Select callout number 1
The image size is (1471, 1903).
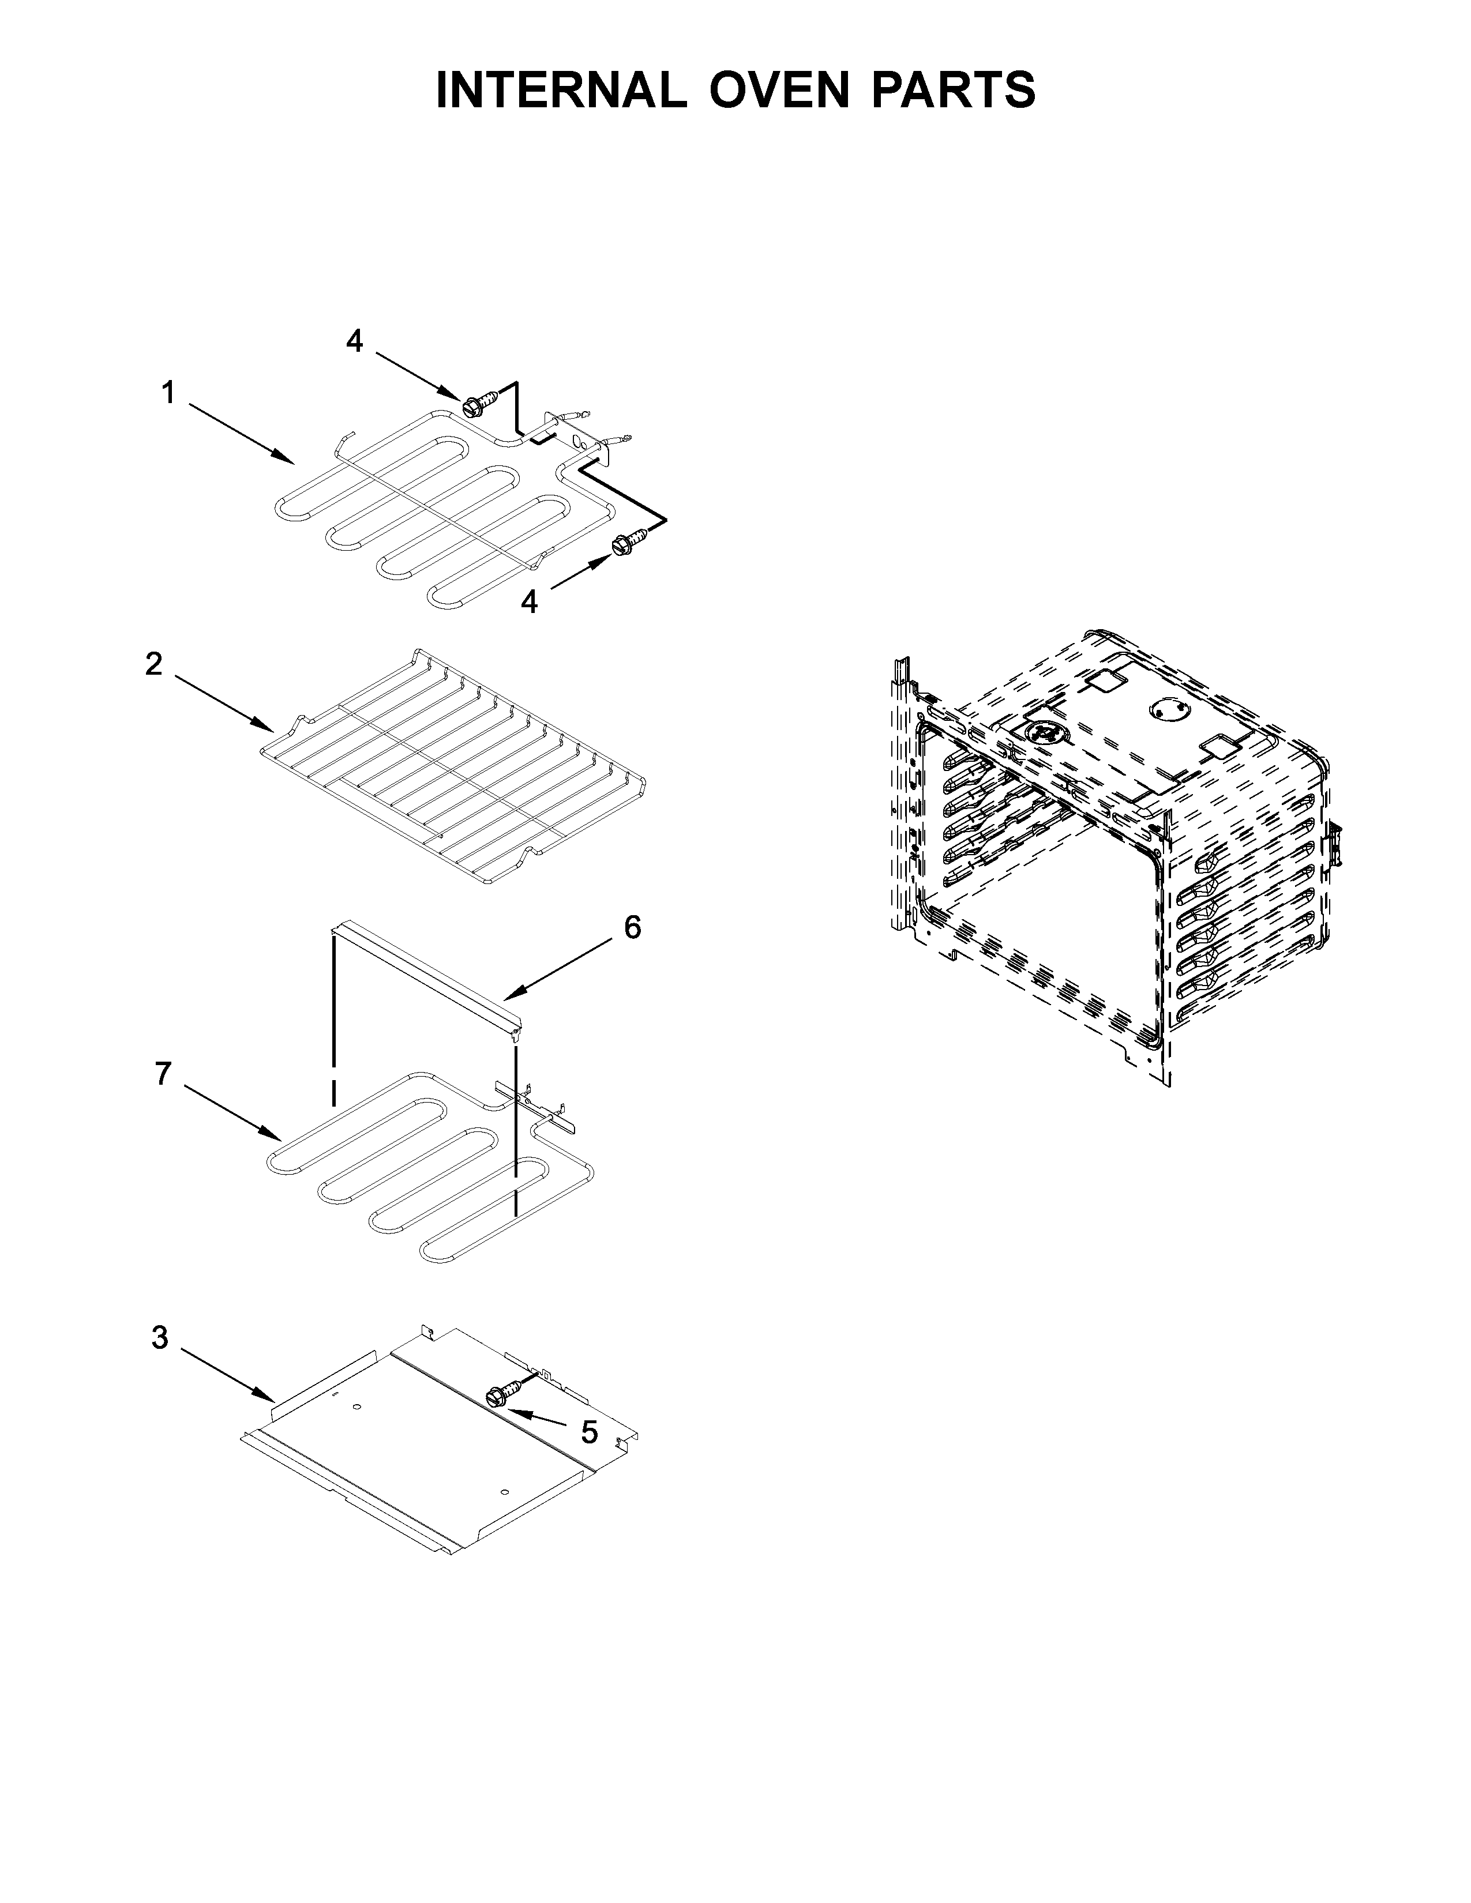point(168,394)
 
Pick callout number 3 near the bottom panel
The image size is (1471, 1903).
point(159,1337)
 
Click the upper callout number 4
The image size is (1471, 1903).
point(355,341)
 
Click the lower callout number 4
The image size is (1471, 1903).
point(529,602)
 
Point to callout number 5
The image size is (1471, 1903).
point(590,1432)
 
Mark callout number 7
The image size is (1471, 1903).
point(163,1074)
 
